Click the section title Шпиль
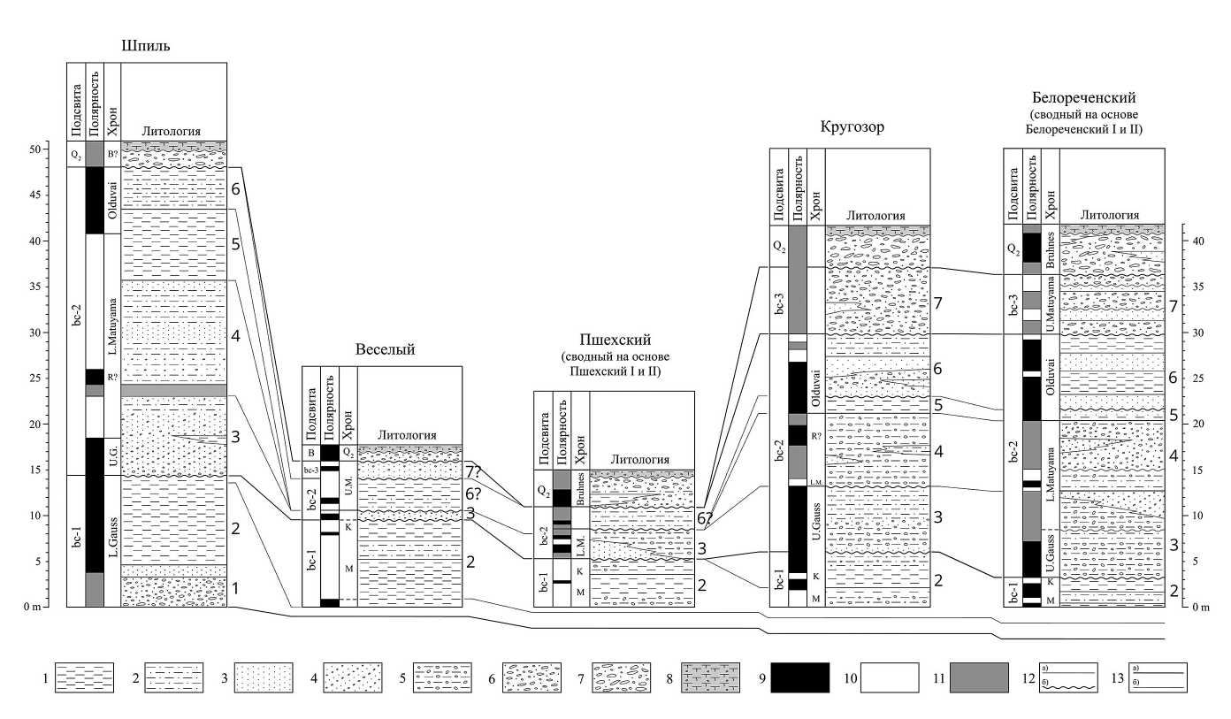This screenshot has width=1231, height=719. [x=146, y=45]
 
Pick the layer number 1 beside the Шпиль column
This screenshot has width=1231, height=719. [x=234, y=588]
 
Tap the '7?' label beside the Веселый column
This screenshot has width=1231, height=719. [x=474, y=470]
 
